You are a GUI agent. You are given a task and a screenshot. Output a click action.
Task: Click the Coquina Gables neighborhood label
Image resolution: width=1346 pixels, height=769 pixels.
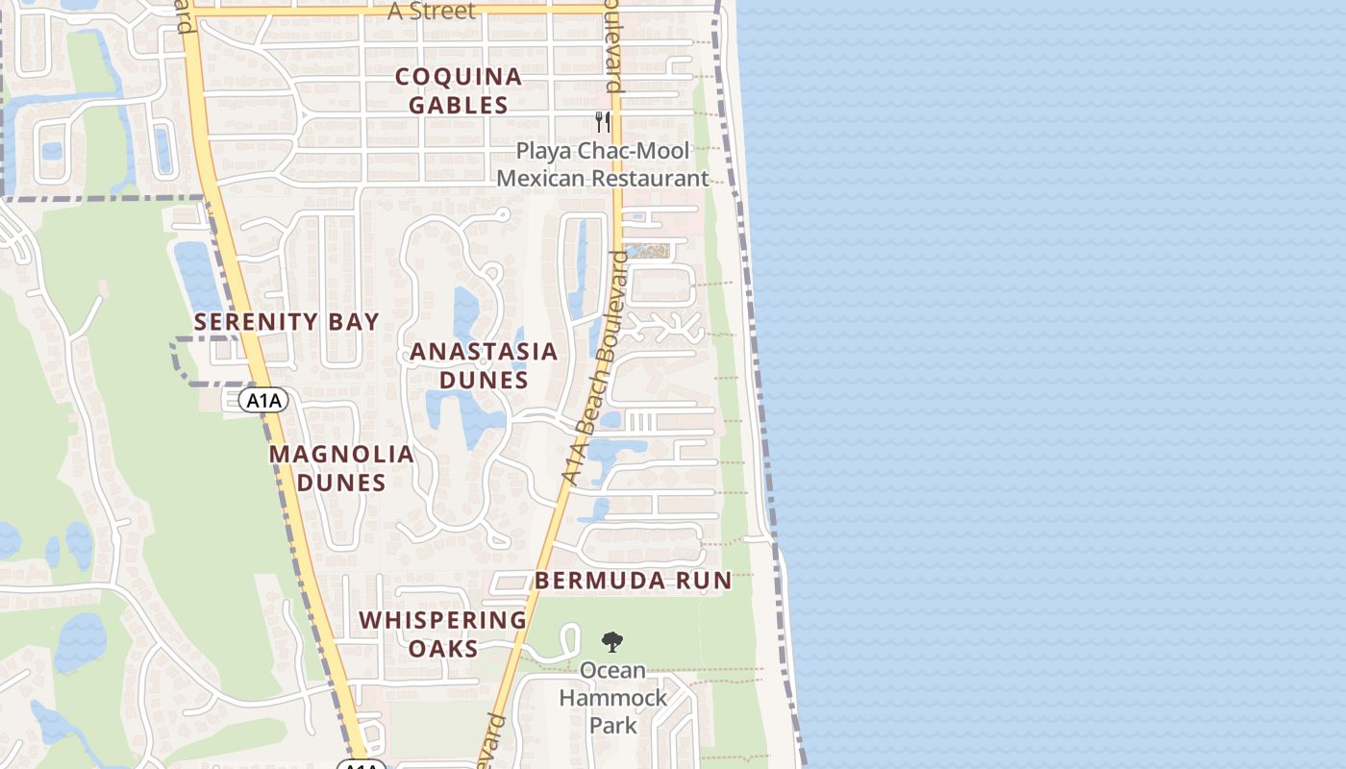click(x=459, y=90)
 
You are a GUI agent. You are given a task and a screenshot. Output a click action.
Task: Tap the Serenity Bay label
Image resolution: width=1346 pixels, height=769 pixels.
click(x=287, y=322)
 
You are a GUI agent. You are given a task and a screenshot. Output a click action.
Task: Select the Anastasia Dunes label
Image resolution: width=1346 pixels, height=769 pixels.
click(x=484, y=365)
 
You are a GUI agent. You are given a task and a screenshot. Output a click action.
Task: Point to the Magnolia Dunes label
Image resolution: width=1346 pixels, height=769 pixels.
click(x=341, y=468)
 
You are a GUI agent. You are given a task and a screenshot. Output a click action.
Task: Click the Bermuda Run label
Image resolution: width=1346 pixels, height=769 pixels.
click(x=634, y=581)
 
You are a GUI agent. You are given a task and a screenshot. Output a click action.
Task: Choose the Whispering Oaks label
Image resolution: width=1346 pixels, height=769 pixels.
click(x=443, y=634)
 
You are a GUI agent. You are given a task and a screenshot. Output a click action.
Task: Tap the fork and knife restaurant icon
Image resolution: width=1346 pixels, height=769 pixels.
click(x=603, y=121)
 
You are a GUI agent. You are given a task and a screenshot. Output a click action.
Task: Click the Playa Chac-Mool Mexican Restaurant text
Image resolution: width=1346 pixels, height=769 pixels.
click(x=603, y=164)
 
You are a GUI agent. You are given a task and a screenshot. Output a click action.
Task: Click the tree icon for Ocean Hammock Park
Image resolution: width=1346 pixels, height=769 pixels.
click(x=611, y=641)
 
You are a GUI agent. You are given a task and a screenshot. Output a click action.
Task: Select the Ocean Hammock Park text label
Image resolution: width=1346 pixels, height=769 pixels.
click(x=613, y=697)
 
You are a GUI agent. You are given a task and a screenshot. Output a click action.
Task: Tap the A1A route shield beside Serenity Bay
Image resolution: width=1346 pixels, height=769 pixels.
click(x=262, y=400)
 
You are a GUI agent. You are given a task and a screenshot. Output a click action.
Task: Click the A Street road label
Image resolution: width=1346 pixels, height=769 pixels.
click(x=432, y=12)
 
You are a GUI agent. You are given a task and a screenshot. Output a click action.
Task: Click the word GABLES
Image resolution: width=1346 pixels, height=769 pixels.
click(x=459, y=105)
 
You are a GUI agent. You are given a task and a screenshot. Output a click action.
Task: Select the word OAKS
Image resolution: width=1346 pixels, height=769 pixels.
click(x=443, y=649)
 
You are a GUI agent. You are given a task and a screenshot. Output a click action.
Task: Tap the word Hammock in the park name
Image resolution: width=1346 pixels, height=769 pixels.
click(x=613, y=697)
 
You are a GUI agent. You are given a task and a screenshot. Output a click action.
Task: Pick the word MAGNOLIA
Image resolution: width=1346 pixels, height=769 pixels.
click(x=341, y=454)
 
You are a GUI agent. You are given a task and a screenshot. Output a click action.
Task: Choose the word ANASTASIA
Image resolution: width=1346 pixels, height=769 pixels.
click(x=484, y=352)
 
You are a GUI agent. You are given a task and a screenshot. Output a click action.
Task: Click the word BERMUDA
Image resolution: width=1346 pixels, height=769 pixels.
click(x=596, y=581)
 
